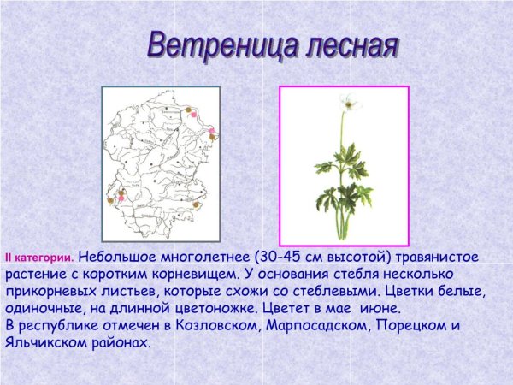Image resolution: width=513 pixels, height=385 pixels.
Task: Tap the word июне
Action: [380, 308]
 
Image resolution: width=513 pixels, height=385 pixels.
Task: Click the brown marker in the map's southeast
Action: [198, 204]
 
